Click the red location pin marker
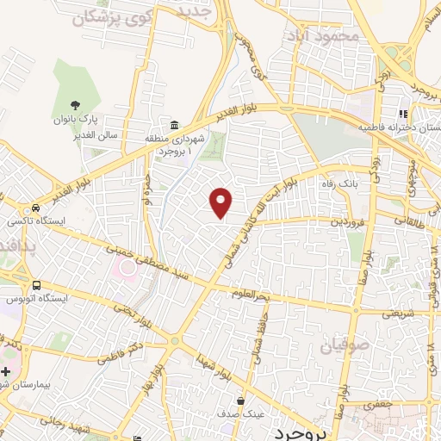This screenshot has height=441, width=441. (x=222, y=202)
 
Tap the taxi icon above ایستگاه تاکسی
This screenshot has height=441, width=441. (x=35, y=208)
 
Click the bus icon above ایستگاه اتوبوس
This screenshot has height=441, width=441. (x=35, y=286)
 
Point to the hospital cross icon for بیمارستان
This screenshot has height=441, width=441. (x=6, y=370)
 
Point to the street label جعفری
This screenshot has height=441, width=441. (x=380, y=404)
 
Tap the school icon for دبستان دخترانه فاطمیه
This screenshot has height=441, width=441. (x=402, y=114)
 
